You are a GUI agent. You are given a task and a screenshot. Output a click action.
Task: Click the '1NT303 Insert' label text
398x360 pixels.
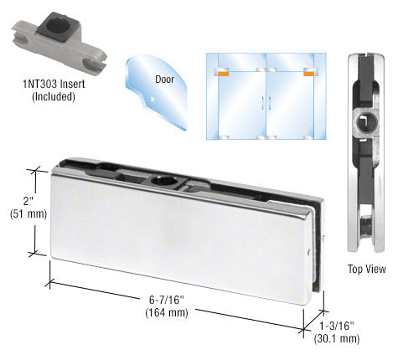[54, 84]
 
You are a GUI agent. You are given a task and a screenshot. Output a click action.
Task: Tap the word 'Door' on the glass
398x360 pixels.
[164, 80]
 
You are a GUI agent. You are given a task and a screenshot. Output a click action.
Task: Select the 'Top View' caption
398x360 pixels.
[367, 269]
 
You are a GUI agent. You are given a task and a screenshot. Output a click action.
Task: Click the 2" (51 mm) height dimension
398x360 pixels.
[28, 208]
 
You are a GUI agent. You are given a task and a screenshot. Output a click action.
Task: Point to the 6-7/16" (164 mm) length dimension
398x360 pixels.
[167, 306]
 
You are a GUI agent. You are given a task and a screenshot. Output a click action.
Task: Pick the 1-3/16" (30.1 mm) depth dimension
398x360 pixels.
[337, 332]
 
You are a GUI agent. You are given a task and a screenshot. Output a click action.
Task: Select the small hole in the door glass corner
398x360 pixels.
[152, 99]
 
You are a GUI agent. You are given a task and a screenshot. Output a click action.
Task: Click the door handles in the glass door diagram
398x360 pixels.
[266, 104]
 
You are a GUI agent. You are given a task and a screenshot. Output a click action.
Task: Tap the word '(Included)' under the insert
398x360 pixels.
[54, 96]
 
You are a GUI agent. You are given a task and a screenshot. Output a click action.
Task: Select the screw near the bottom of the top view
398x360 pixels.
[365, 226]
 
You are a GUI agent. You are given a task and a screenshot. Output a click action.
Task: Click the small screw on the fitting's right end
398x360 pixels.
[308, 252]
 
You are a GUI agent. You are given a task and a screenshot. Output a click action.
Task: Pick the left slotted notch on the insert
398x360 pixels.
[20, 40]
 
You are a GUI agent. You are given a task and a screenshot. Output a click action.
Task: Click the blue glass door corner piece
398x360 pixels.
[157, 90]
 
